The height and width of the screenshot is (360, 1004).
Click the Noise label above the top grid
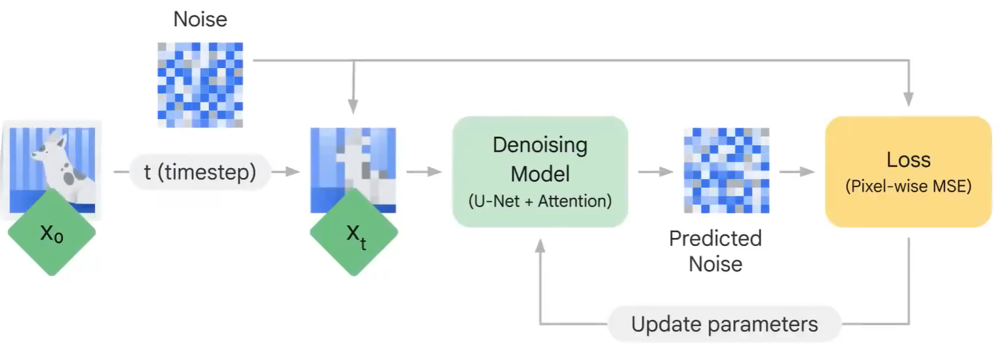pos(200,19)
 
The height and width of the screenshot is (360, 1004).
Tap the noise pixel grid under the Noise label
pos(200,85)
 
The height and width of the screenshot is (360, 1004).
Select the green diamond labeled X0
pos(52,233)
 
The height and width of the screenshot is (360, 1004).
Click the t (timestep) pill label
pos(200,172)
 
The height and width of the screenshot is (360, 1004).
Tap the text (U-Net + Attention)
pos(540,201)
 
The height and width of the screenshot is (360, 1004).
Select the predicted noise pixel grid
pos(726,170)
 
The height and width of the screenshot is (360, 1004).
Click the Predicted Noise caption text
pos(715,250)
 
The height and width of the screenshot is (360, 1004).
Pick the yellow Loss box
pos(908,172)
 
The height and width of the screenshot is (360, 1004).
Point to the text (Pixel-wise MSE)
pos(908,187)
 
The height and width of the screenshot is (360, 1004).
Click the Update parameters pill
pos(724,324)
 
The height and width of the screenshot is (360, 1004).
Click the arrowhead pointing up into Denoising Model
pos(540,245)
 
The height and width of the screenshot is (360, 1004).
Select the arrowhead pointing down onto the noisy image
pos(353,108)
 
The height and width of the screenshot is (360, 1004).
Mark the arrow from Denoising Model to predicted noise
pos(656,172)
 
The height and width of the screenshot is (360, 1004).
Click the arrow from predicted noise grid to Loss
pos(797,172)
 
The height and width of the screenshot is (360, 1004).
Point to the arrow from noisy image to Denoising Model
pos(424,172)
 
